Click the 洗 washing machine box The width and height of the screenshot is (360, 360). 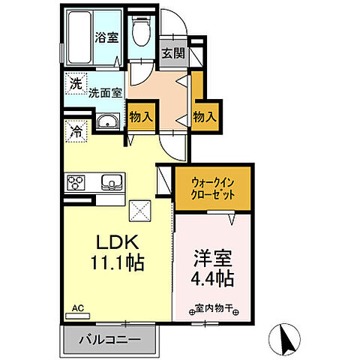pos(75,83)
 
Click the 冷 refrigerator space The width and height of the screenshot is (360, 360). pos(75,131)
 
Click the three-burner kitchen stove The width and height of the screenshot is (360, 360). pos(77,182)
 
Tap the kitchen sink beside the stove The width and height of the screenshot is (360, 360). pos(109,182)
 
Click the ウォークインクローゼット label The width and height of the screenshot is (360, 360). pos(214,187)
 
